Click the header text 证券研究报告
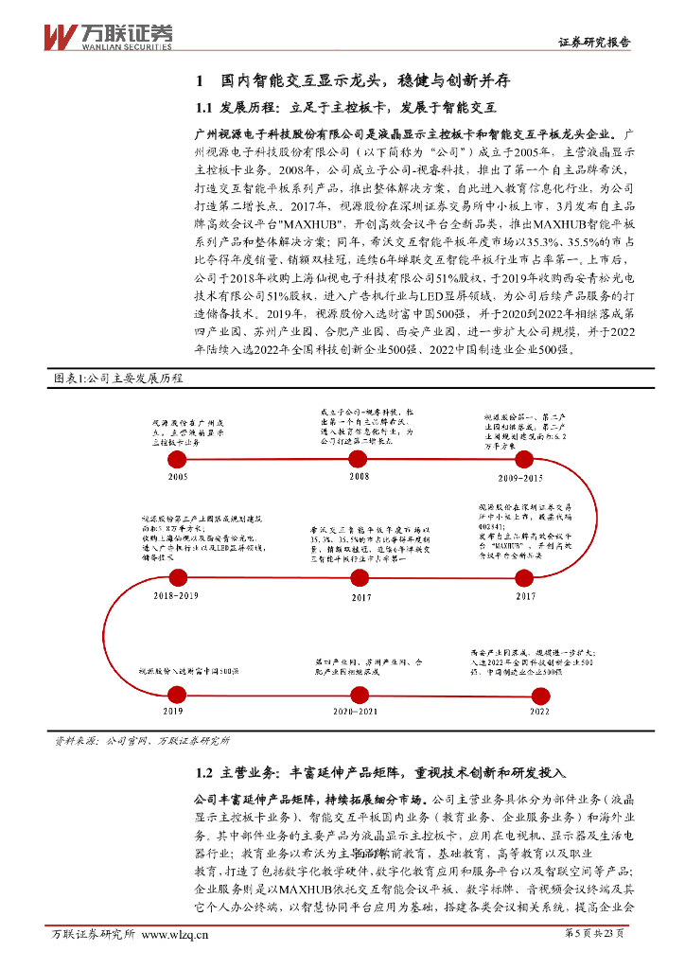[x=593, y=43]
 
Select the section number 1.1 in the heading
[x=207, y=108]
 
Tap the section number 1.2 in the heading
[x=207, y=772]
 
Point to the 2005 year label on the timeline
[x=177, y=476]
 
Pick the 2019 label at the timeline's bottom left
[x=173, y=710]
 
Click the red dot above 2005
[x=177, y=459]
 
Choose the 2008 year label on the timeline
[x=360, y=476]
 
